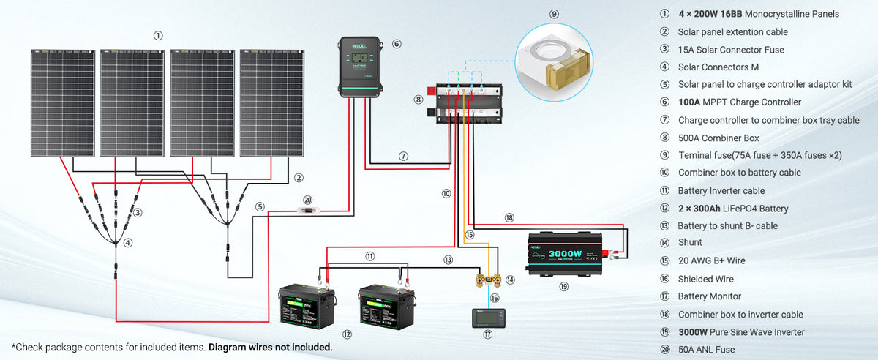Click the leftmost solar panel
pyautogui.click(x=64, y=102)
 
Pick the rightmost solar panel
pyautogui.click(x=271, y=102)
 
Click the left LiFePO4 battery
pyautogui.click(x=307, y=305)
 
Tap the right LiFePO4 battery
pyautogui.click(x=386, y=305)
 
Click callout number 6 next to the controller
pyautogui.click(x=397, y=44)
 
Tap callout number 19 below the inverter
pyautogui.click(x=563, y=287)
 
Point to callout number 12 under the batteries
pyautogui.click(x=347, y=334)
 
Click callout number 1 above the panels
pyautogui.click(x=158, y=35)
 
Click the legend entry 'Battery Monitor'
pyautogui.click(x=709, y=296)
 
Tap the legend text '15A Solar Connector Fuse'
pyautogui.click(x=731, y=50)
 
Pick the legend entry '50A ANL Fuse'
pyautogui.click(x=706, y=350)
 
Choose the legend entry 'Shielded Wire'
pyautogui.click(x=705, y=279)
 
